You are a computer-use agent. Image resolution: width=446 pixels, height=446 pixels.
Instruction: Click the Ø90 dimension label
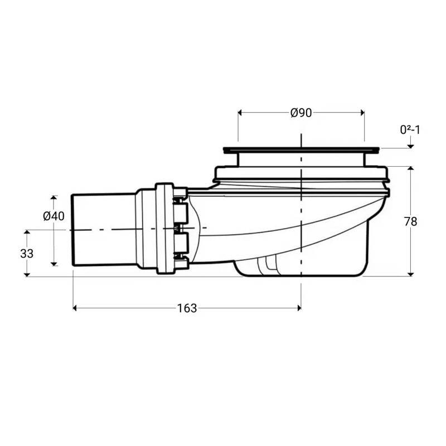[x=300, y=113]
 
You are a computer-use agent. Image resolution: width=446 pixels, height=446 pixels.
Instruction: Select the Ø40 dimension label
[x=54, y=216]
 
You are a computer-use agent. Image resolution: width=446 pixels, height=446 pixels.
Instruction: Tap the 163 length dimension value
[x=187, y=308]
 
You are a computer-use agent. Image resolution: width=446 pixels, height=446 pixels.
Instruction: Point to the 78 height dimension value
[x=410, y=221]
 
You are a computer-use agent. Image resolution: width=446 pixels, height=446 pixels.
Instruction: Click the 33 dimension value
[x=27, y=253]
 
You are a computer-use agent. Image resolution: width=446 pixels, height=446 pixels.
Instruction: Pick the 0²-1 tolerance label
[x=410, y=130]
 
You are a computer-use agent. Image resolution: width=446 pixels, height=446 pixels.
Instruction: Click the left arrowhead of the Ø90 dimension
[x=241, y=113]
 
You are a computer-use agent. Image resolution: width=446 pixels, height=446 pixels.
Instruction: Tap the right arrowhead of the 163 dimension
[x=298, y=307]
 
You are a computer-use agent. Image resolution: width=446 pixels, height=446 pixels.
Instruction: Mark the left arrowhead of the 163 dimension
[x=76, y=307]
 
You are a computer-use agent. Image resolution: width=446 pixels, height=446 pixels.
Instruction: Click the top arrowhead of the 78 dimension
[x=411, y=169]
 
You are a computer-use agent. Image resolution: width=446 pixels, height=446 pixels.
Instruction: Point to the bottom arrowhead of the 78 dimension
[x=411, y=273]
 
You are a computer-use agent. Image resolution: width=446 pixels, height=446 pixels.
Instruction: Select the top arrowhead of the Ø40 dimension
[x=54, y=198]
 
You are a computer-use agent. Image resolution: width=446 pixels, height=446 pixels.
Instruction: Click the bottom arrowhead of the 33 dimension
[x=27, y=273]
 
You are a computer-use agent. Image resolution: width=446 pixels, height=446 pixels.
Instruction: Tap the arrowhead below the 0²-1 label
[x=411, y=146]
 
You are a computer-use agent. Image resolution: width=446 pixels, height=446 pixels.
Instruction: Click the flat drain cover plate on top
[x=301, y=149]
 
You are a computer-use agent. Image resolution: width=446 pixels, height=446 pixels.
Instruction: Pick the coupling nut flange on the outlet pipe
[x=165, y=229]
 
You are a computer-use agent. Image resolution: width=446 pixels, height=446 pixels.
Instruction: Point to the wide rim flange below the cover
[x=301, y=173]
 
